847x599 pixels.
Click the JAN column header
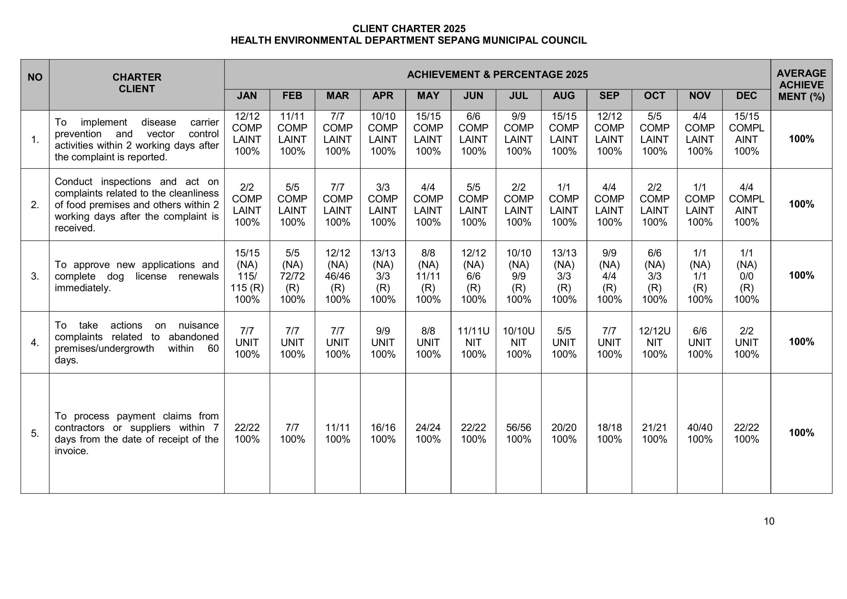click(x=247, y=96)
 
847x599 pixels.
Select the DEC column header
click(x=746, y=96)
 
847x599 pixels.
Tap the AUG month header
click(x=564, y=96)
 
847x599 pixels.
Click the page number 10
click(x=769, y=521)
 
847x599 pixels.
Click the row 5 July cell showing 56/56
click(x=518, y=433)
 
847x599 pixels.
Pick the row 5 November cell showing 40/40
click(x=699, y=433)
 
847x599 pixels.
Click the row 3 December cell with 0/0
click(x=746, y=276)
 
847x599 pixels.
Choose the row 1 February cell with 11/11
click(x=292, y=134)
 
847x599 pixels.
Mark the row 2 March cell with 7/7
click(x=337, y=205)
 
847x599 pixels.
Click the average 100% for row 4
click(x=801, y=342)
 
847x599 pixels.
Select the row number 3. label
click(x=35, y=276)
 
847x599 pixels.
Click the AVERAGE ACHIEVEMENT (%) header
click(x=801, y=85)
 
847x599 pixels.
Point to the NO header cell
click(x=35, y=77)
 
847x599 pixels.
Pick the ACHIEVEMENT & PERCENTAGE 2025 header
click(x=497, y=74)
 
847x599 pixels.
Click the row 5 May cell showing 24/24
click(x=428, y=433)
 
